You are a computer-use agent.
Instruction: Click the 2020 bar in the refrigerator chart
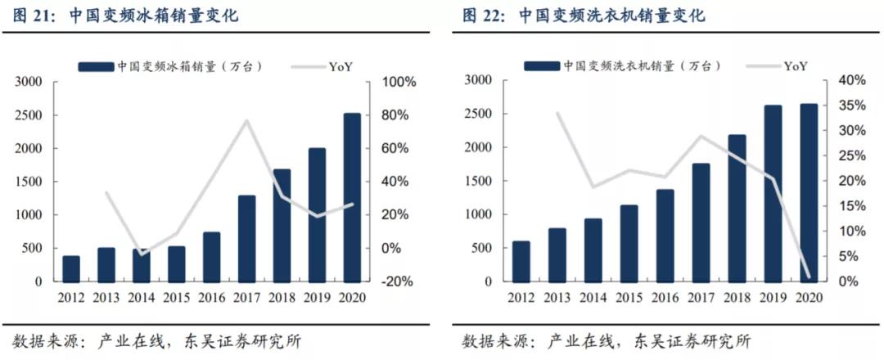[x=352, y=197]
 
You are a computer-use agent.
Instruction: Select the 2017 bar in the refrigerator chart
[x=246, y=238]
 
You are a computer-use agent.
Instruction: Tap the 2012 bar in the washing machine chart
[x=521, y=261]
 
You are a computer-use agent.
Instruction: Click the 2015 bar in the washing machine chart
[x=629, y=243]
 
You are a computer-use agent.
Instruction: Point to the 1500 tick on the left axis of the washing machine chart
[x=479, y=181]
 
